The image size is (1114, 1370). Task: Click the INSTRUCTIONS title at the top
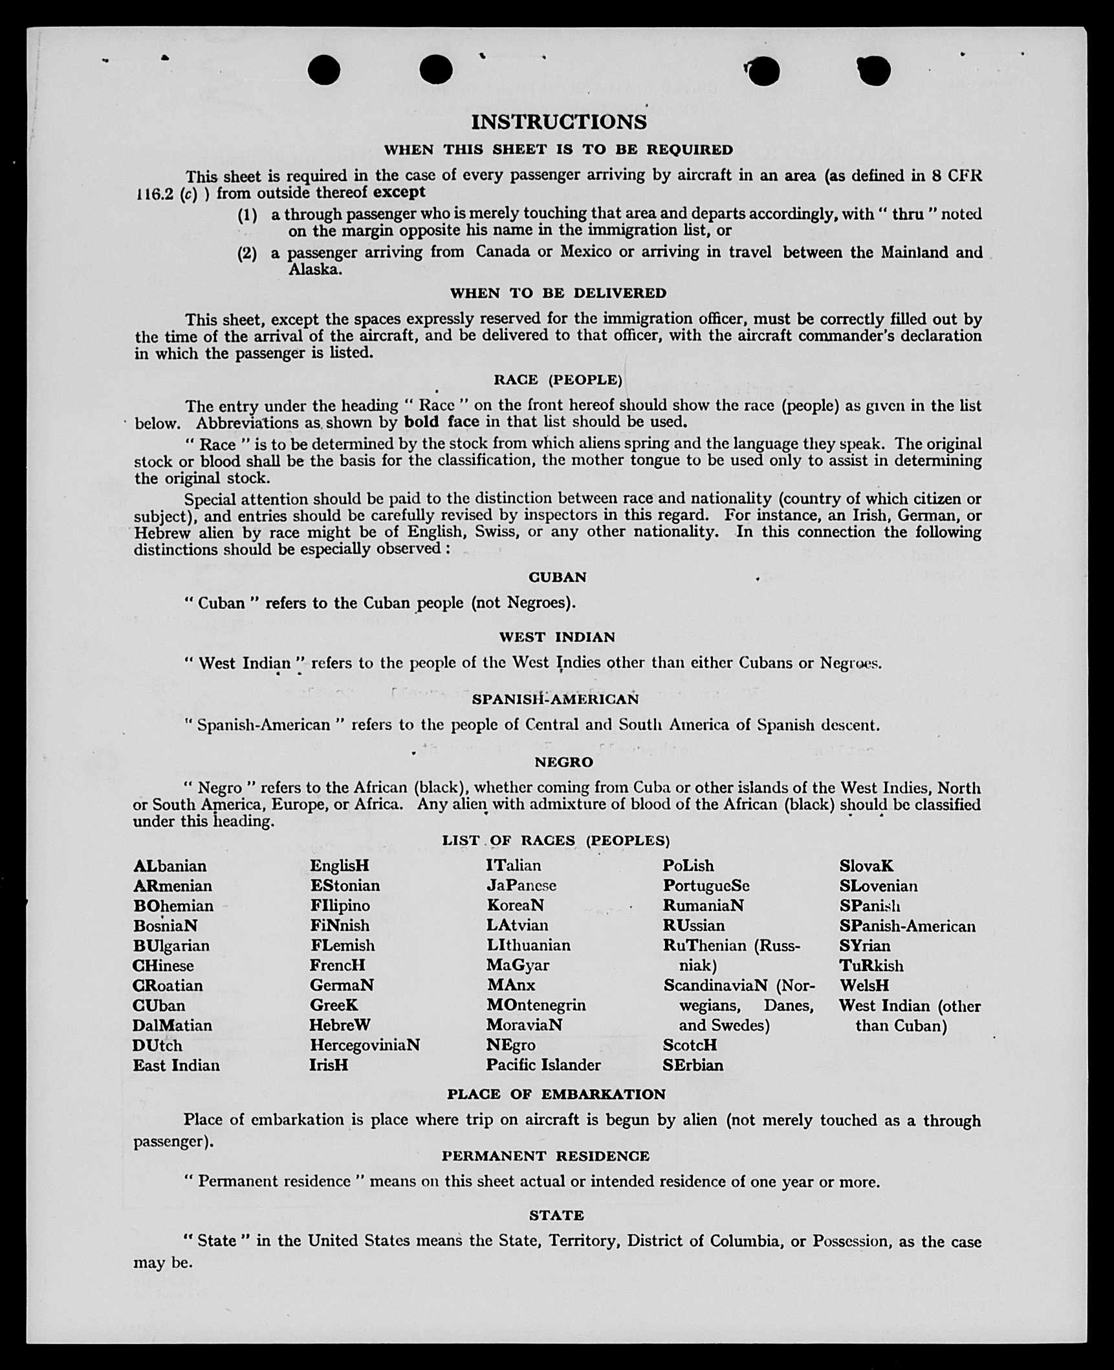click(558, 122)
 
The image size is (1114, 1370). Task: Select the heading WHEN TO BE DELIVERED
click(558, 293)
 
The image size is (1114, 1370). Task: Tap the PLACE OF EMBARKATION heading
click(556, 1094)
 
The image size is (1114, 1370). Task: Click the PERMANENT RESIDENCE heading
click(545, 1155)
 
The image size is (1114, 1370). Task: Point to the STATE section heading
click(556, 1215)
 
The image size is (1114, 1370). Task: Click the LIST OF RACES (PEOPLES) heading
click(556, 840)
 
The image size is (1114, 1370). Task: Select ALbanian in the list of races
click(169, 866)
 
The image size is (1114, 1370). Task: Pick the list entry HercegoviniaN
click(364, 1045)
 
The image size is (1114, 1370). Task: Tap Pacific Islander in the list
click(543, 1065)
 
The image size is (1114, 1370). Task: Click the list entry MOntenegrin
click(536, 1005)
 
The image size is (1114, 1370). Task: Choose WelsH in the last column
click(864, 986)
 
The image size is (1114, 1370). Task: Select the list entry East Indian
click(176, 1065)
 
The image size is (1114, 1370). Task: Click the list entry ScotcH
click(690, 1045)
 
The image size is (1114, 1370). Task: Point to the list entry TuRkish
click(871, 966)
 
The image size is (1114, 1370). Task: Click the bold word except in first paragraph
click(399, 192)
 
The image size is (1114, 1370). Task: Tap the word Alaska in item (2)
click(314, 270)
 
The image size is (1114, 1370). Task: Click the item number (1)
click(246, 215)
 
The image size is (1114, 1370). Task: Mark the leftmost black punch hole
click(324, 70)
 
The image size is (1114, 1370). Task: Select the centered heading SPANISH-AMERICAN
click(554, 699)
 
